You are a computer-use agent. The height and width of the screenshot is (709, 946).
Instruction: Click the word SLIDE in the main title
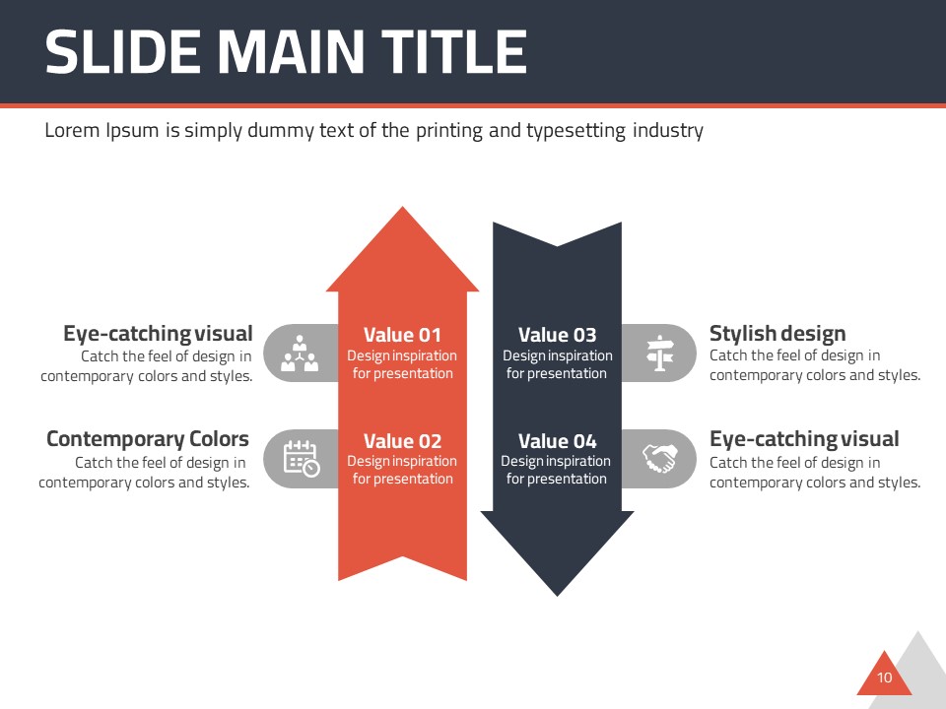[x=119, y=52]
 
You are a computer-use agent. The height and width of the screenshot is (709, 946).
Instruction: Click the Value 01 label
[x=402, y=335]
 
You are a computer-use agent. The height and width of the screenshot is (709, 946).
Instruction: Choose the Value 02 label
[x=402, y=441]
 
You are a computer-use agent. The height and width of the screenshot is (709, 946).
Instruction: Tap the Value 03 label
[x=557, y=335]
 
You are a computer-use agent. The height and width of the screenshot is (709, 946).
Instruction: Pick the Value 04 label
[x=557, y=441]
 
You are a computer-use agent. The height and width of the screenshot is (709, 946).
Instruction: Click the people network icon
[x=300, y=354]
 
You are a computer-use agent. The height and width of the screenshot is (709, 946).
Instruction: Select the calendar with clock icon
[x=301, y=459]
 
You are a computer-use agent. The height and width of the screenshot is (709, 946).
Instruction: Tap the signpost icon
[x=658, y=353]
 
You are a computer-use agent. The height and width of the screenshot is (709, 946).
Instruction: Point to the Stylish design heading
[x=777, y=334]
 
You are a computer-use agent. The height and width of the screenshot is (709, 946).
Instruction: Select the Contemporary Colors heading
[x=148, y=439]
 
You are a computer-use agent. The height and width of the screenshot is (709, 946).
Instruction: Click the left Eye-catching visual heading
[x=158, y=334]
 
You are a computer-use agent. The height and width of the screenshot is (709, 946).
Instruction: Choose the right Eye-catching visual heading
[x=804, y=439]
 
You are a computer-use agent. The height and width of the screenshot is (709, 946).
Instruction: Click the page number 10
[x=884, y=677]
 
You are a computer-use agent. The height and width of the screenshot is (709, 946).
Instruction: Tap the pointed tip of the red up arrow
[x=402, y=211]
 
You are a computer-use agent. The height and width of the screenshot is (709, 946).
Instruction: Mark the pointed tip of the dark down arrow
[x=557, y=592]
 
